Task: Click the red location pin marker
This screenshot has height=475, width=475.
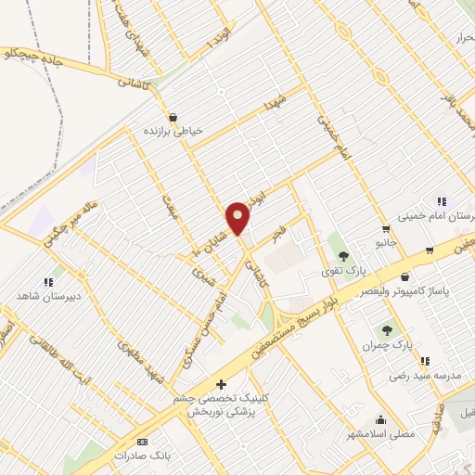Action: point(239,217)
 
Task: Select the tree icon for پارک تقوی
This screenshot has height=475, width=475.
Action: point(343,255)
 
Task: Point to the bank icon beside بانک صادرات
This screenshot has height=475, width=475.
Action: point(142,443)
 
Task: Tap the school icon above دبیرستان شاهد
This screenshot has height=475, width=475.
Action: point(47,281)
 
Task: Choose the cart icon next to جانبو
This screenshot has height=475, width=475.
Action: point(386,228)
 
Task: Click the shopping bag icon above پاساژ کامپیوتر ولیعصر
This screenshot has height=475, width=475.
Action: point(404,276)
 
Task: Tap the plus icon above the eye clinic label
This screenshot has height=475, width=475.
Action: point(220,384)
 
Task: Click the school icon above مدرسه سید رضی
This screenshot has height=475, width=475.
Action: point(424,361)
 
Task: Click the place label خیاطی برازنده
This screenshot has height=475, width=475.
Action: point(171,132)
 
